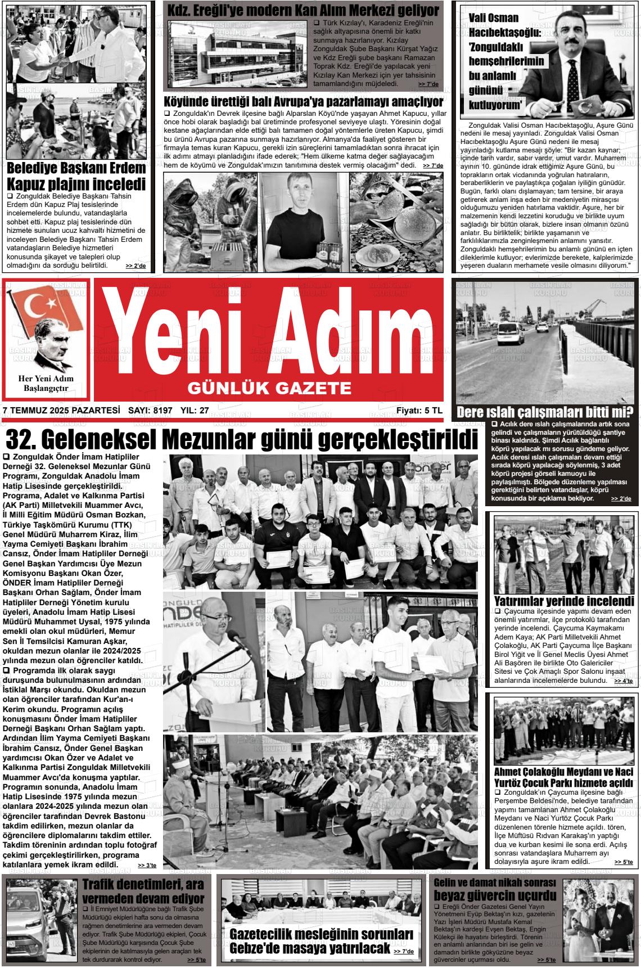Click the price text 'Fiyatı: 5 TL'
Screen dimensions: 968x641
click(419, 411)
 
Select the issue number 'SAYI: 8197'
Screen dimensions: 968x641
click(150, 411)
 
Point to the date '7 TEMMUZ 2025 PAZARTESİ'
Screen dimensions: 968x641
click(61, 411)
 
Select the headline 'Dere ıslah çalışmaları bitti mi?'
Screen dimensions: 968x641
click(545, 412)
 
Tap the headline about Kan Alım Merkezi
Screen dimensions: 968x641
click(304, 10)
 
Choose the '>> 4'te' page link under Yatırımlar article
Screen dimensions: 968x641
click(623, 681)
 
